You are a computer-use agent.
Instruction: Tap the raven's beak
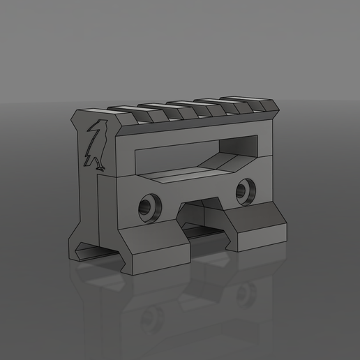click(x=91, y=127)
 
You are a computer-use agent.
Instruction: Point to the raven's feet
click(x=100, y=167)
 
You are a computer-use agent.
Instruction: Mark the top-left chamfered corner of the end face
click(x=77, y=114)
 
